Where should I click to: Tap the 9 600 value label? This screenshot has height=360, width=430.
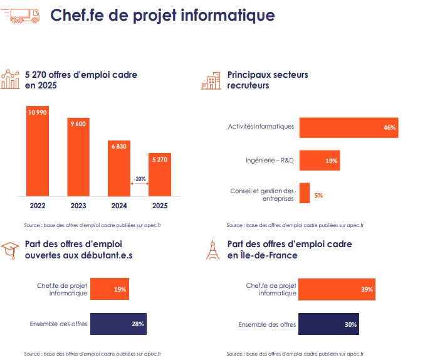pos(78,125)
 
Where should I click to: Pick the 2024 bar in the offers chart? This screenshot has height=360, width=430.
pos(119,168)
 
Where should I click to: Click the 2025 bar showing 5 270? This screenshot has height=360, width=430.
pos(159,174)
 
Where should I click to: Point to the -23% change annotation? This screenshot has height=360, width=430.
pos(139,179)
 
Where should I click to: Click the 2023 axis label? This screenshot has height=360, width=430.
pos(78,204)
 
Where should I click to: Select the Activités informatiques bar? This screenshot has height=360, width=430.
pos(349,127)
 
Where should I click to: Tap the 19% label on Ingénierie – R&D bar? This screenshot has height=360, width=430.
pos(332,161)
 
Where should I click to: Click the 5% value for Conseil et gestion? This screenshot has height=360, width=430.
pos(318,196)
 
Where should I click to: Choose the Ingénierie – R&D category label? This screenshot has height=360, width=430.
pos(270,161)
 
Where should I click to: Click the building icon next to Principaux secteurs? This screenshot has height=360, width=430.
pos(211,80)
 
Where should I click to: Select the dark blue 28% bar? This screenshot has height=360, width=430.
pos(118,324)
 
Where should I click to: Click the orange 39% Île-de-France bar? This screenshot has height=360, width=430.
pos(337,289)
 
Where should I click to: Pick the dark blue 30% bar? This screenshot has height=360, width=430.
pos(329,324)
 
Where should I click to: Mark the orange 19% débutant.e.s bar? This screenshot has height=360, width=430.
pos(110,289)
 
